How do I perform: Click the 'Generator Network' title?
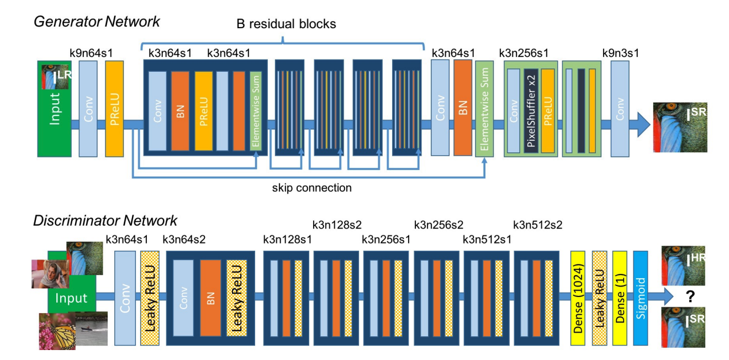[x=97, y=22]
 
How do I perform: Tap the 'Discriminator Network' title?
[x=105, y=221]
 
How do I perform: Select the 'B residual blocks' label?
[x=286, y=24]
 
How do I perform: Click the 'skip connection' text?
[x=312, y=188]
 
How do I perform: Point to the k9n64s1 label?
[x=91, y=53]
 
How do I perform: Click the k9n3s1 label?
[x=621, y=53]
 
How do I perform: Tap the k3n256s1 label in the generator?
[x=524, y=53]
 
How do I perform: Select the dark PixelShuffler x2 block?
[x=531, y=110]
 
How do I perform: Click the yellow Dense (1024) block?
[x=578, y=298]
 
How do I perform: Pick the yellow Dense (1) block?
[x=620, y=298]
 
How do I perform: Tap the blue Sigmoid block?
[x=641, y=298]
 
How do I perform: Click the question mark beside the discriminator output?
[x=690, y=296]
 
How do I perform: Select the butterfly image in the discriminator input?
[x=57, y=331]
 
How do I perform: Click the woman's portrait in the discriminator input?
[x=50, y=274]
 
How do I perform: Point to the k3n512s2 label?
[x=538, y=225]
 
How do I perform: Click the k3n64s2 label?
[x=184, y=240]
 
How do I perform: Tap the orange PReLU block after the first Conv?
[x=114, y=109]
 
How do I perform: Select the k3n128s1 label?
[x=287, y=240]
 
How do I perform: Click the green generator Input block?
[x=54, y=109]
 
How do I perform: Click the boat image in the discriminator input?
[x=92, y=329]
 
